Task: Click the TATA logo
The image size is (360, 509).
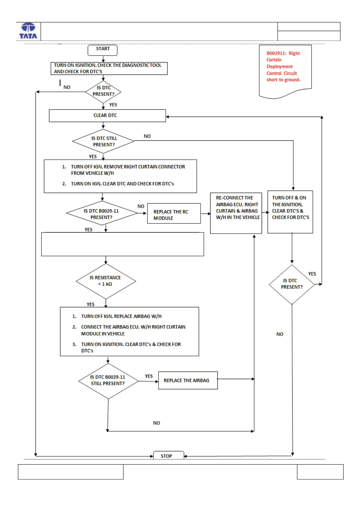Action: pyautogui.click(x=28, y=31)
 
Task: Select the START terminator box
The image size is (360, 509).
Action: pyautogui.click(x=103, y=50)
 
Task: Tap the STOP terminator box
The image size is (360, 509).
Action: pyautogui.click(x=168, y=455)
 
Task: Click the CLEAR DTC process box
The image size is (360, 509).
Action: pyautogui.click(x=107, y=116)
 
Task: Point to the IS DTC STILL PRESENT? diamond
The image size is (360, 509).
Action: pyautogui.click(x=103, y=141)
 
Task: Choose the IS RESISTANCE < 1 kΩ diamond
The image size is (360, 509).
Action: pyautogui.click(x=106, y=281)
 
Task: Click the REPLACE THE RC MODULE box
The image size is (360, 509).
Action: pyautogui.click(x=174, y=213)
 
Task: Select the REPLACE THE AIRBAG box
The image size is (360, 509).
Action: pyautogui.click(x=188, y=380)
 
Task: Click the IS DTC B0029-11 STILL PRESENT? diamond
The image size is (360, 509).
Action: pyautogui.click(x=108, y=381)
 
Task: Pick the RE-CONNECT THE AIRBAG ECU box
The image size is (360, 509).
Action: pyautogui.click(x=236, y=213)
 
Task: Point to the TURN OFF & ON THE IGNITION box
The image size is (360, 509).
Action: pyautogui.click(x=290, y=212)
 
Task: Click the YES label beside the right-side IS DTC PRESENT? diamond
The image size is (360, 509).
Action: pyautogui.click(x=312, y=274)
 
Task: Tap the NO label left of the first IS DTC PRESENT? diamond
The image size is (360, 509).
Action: pyautogui.click(x=67, y=87)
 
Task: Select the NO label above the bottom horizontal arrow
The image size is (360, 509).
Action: pyautogui.click(x=156, y=423)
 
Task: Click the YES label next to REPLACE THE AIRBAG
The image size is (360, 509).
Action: pyautogui.click(x=149, y=376)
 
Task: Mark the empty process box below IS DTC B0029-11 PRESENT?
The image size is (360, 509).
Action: pyautogui.click(x=122, y=244)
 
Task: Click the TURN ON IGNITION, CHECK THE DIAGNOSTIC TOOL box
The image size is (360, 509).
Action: pyautogui.click(x=109, y=68)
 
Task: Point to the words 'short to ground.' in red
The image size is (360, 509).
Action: pyautogui.click(x=283, y=80)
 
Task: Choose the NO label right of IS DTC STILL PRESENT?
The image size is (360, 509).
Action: pyautogui.click(x=147, y=136)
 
